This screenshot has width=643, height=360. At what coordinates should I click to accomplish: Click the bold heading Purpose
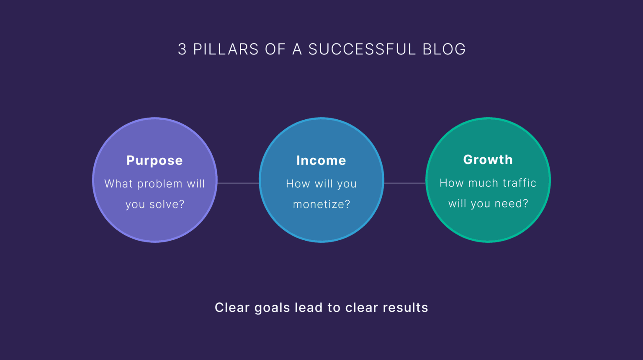154,161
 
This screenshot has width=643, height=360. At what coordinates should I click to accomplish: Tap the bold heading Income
321,161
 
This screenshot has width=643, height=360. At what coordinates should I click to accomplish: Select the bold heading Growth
488,160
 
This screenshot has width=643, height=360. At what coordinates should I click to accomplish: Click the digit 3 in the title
182,49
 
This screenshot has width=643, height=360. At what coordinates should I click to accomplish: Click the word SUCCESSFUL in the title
362,49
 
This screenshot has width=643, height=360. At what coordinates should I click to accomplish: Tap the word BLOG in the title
444,49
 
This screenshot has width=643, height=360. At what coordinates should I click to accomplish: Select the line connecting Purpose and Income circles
238,183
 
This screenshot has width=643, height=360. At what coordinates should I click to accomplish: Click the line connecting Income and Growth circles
404,183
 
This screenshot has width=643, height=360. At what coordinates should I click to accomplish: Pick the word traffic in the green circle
519,183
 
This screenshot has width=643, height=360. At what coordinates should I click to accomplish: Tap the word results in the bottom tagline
405,308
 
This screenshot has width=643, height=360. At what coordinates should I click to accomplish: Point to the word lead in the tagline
309,308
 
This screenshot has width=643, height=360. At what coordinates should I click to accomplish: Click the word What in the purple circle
118,184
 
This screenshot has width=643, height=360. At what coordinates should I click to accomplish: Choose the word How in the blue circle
298,184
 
